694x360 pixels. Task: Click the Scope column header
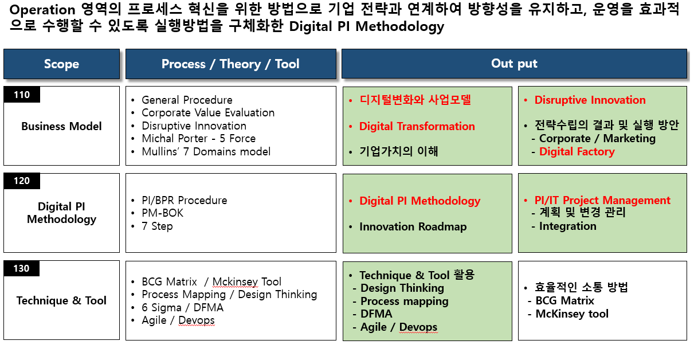click(61, 64)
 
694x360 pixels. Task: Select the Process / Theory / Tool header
click(230, 64)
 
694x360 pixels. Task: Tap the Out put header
click(514, 64)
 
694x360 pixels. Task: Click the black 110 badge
click(22, 95)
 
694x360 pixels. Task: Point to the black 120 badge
click(22, 181)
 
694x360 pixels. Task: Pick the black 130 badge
click(21, 268)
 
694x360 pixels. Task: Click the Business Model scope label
click(61, 127)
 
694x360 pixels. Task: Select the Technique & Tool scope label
click(61, 300)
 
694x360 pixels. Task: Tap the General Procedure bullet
click(187, 100)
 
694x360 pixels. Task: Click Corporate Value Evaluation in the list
click(208, 113)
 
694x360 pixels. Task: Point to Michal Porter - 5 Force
click(199, 139)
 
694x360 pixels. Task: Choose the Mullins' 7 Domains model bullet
click(206, 152)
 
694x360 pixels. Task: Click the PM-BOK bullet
click(162, 213)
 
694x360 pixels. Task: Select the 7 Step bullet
click(157, 226)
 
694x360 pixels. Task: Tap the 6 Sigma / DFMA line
click(182, 308)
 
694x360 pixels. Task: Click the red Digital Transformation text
click(417, 127)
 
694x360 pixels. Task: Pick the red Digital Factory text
click(577, 152)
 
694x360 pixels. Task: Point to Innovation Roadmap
click(413, 227)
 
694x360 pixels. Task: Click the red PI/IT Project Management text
click(602, 201)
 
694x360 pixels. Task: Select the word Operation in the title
click(42, 10)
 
